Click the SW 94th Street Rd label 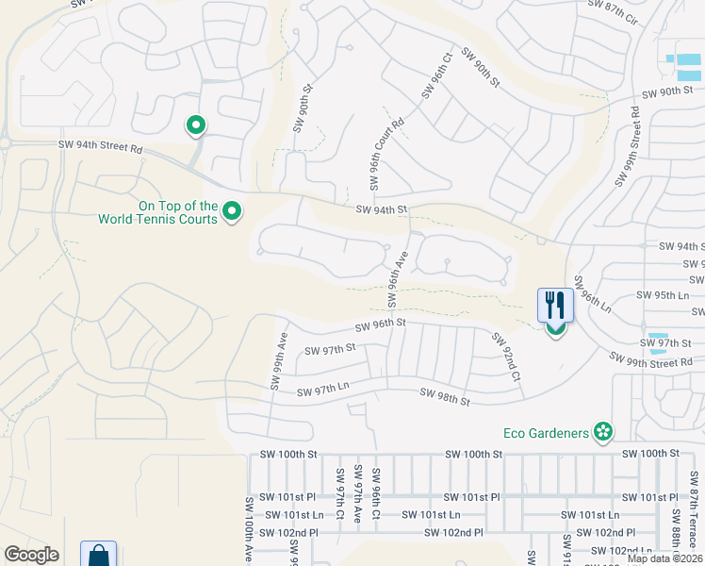click(x=99, y=146)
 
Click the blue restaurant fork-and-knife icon click(x=554, y=305)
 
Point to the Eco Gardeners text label click(x=546, y=433)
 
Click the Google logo click(x=31, y=555)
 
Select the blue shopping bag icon click(x=98, y=556)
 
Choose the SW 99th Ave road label click(x=279, y=359)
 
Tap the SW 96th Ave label click(x=398, y=277)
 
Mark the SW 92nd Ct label click(x=504, y=355)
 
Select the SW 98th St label click(x=444, y=397)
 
